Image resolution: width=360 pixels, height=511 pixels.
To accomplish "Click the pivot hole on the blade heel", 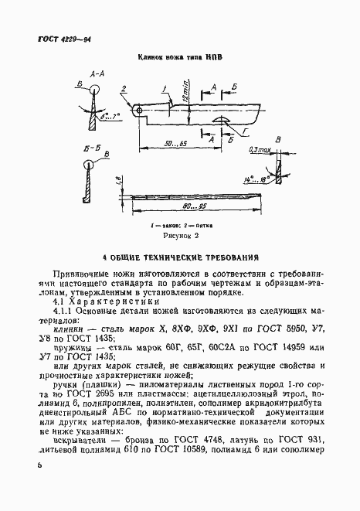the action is (139, 111).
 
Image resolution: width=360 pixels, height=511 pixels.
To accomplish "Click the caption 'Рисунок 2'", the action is (181, 234).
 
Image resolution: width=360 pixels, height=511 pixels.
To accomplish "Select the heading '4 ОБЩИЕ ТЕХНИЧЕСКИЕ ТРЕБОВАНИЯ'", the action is (181, 256).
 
